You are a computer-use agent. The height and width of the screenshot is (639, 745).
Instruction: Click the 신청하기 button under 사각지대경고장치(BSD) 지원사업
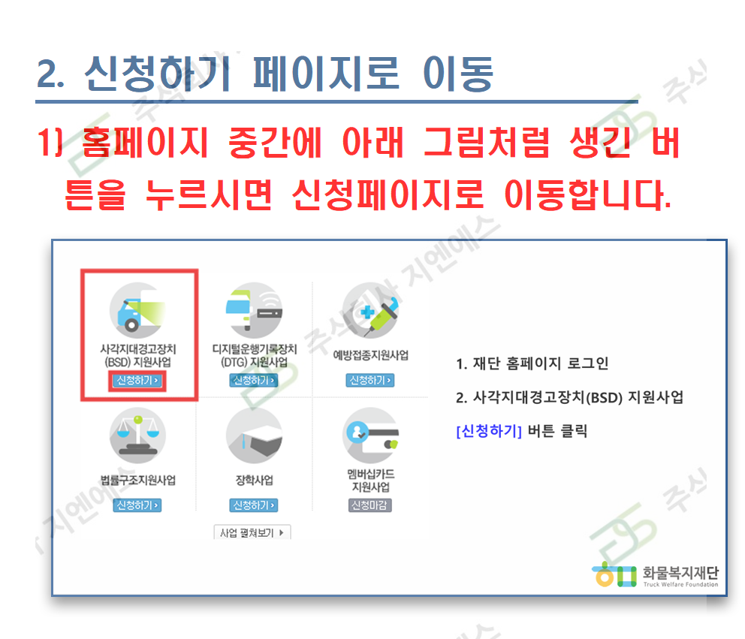pos(137,381)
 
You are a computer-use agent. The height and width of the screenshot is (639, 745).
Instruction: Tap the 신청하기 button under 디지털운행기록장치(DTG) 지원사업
pos(254,381)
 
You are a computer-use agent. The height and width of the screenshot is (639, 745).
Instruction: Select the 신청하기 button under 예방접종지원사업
pos(370,381)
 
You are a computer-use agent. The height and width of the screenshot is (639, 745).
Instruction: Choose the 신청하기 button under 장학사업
pos(254,505)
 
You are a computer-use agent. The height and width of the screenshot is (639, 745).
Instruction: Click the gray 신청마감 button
pos(370,505)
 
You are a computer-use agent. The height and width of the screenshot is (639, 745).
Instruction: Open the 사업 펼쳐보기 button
pos(252,532)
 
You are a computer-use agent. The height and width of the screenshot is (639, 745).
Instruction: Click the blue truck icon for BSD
pos(137,311)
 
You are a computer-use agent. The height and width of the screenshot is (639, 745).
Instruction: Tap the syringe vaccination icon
pos(370,311)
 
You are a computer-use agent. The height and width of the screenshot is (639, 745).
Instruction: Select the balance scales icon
pos(137,436)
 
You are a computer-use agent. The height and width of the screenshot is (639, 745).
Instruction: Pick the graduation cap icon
pos(254,436)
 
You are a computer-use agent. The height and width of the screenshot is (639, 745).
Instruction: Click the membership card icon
pos(370,436)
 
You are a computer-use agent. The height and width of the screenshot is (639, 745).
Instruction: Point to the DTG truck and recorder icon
pos(254,311)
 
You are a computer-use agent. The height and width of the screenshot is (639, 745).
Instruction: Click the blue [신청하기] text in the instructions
pos(489,431)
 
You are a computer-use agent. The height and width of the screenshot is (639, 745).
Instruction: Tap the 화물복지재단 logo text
pos(680,572)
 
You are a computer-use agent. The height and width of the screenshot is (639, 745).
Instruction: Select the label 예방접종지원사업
pos(370,355)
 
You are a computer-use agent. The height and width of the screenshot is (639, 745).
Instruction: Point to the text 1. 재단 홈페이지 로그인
pos(532,363)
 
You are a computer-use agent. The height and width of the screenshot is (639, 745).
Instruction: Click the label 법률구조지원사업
pos(137,481)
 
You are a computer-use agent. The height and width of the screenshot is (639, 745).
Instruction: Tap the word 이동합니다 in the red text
pos(588,194)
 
